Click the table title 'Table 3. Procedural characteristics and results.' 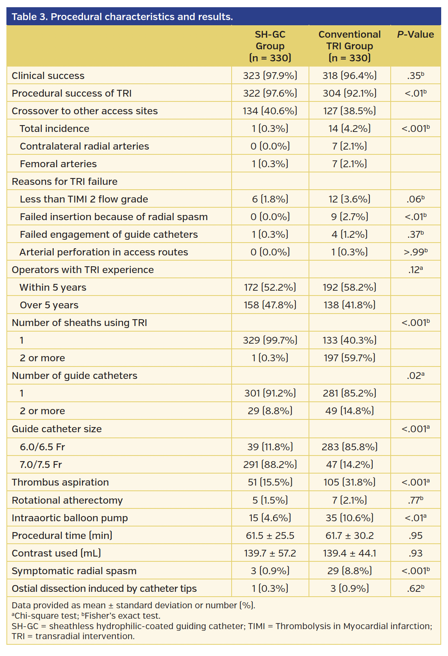(122, 17)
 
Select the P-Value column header (415, 34)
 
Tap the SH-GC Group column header (270, 46)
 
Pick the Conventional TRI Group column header (349, 46)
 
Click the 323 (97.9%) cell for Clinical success (270, 76)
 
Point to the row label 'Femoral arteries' (58, 164)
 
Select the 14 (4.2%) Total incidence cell (349, 129)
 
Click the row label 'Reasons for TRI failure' (65, 182)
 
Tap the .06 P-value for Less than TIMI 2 (415, 199)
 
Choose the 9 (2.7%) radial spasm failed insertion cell (349, 217)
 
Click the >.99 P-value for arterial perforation (415, 252)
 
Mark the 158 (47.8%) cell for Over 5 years (270, 305)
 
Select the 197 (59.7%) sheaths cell (349, 358)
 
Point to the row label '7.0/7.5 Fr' (41, 465)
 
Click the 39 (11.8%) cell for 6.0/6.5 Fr (270, 447)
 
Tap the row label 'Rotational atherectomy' (67, 500)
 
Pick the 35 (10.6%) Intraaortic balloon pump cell (349, 518)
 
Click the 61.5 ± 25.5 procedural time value (270, 536)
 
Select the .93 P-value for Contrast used (415, 553)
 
